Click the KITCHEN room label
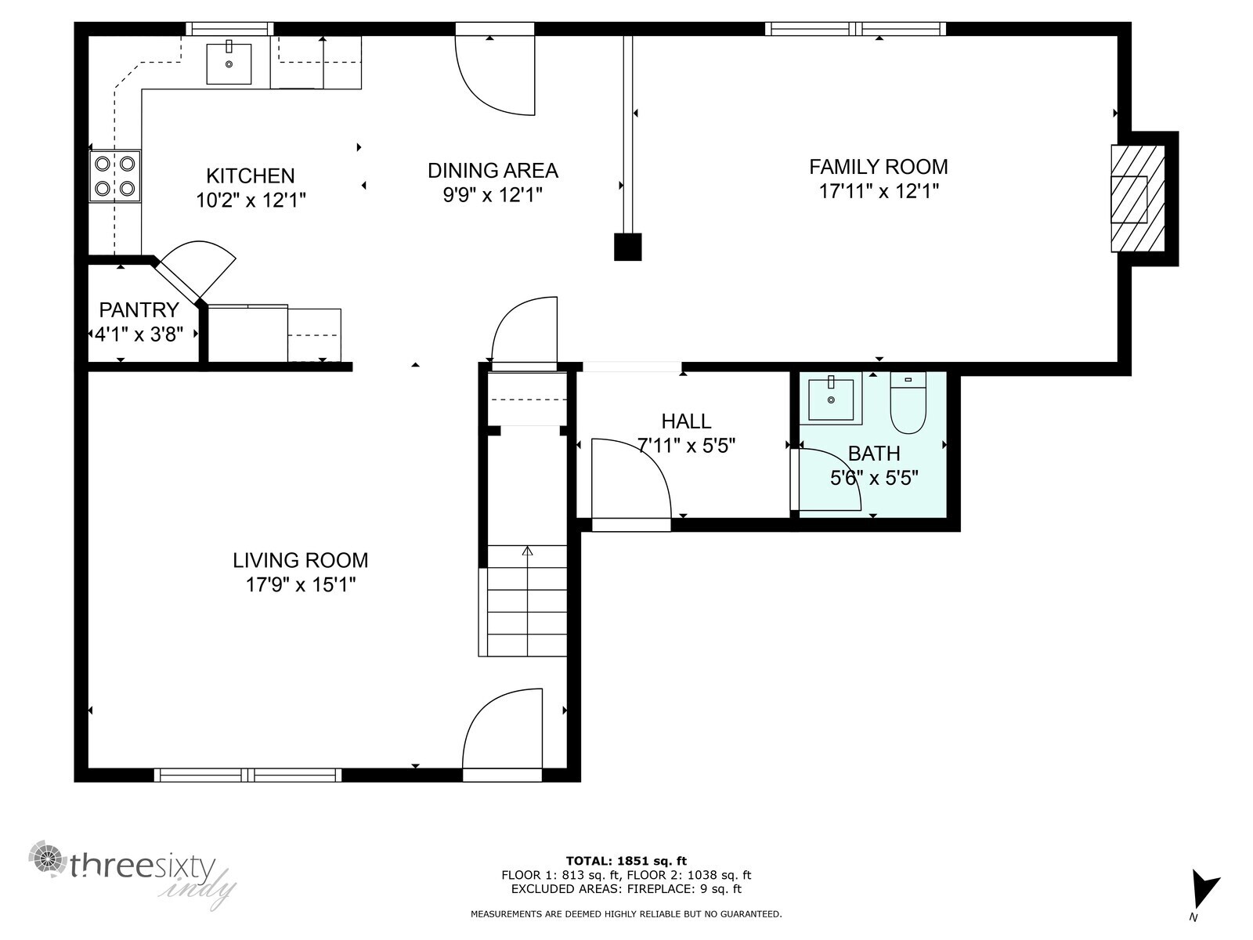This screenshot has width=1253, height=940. pyautogui.click(x=250, y=175)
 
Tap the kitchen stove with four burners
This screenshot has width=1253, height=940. pyautogui.click(x=114, y=176)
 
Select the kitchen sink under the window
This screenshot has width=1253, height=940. pyautogui.click(x=229, y=63)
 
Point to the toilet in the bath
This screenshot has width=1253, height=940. pyautogui.click(x=908, y=404)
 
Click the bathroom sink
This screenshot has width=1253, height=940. pyautogui.click(x=831, y=398)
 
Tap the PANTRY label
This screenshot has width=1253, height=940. pyautogui.click(x=139, y=310)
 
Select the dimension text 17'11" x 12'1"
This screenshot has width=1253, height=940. pyautogui.click(x=879, y=191)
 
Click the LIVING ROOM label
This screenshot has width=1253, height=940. pyautogui.click(x=300, y=560)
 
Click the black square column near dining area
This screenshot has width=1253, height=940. pyautogui.click(x=627, y=247)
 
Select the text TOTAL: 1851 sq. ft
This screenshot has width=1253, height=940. pyautogui.click(x=626, y=861)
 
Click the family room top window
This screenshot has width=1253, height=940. pyautogui.click(x=855, y=29)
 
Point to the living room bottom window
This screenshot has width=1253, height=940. pyautogui.click(x=247, y=775)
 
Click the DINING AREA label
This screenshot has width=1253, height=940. pyautogui.click(x=493, y=170)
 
